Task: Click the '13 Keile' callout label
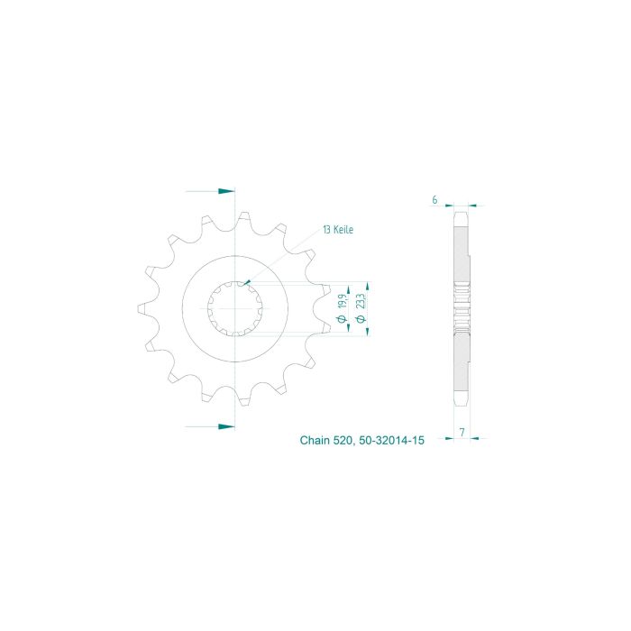point(338,230)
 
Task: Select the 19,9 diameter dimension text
point(343,299)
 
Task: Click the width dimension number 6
point(434,200)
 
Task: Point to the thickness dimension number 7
point(461,433)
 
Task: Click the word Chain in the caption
point(315,442)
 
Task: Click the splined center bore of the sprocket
point(234,307)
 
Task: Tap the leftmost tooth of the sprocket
point(142,307)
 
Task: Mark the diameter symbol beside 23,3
point(361,318)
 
